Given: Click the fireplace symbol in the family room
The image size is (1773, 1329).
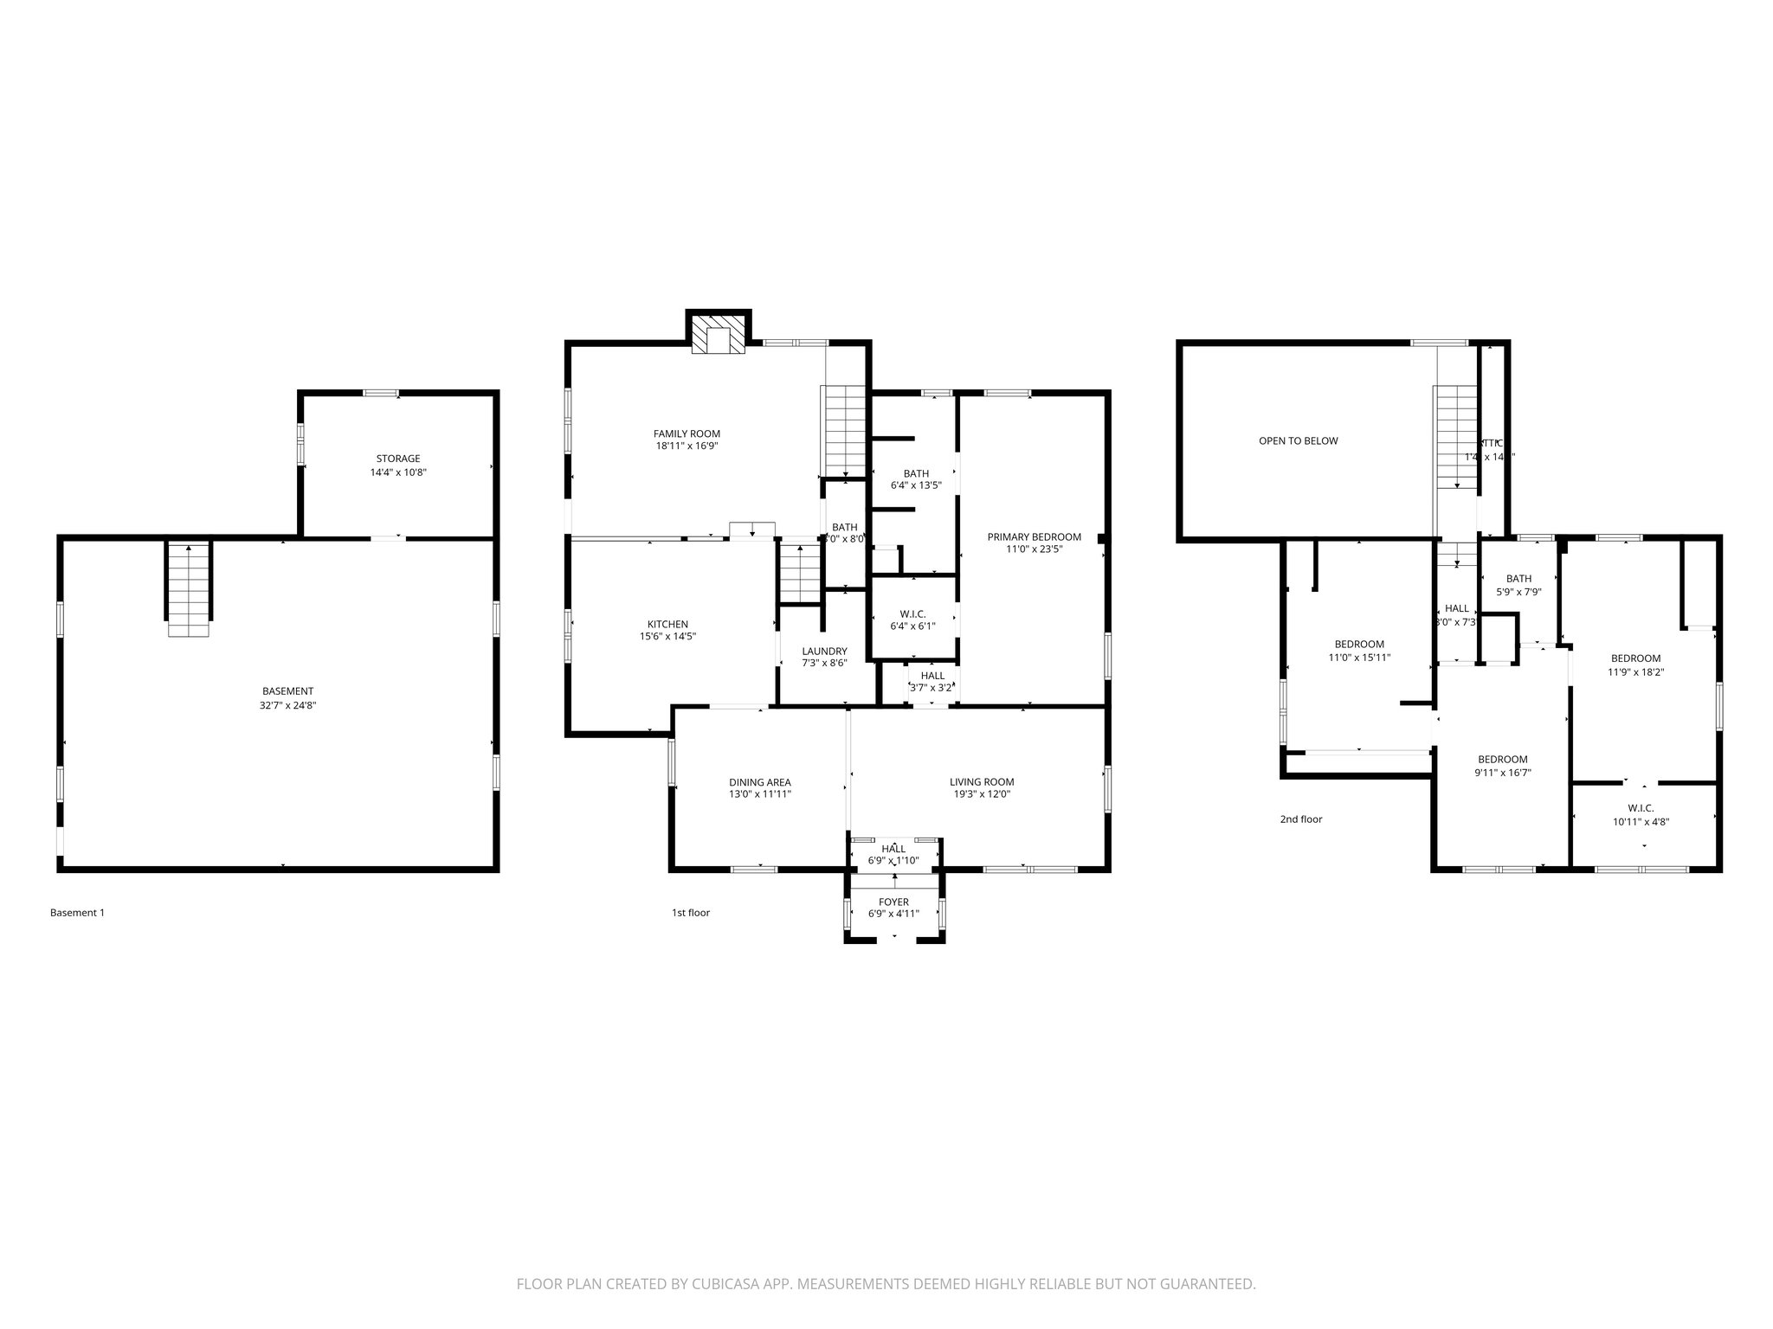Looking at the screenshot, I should pyautogui.click(x=719, y=339).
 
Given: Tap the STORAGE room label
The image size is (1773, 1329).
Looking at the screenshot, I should pyautogui.click(x=398, y=459).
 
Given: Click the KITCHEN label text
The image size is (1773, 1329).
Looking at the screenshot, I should pyautogui.click(x=667, y=624).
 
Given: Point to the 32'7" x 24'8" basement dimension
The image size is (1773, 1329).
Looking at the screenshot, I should pyautogui.click(x=288, y=705).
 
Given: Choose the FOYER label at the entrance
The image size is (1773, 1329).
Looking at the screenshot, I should pyautogui.click(x=893, y=902).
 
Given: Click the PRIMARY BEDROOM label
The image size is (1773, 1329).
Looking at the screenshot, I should pyautogui.click(x=1034, y=537).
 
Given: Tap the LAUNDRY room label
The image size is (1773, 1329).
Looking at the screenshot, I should pyautogui.click(x=824, y=652).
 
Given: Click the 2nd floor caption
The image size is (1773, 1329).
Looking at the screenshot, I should pyautogui.click(x=1300, y=819).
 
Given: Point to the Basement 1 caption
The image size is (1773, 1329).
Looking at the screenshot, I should pyautogui.click(x=77, y=913).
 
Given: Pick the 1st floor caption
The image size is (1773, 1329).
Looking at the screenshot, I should pyautogui.click(x=690, y=913).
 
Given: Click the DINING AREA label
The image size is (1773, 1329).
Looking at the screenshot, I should pyautogui.click(x=759, y=782).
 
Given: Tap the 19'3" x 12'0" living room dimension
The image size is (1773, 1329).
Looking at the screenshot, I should pyautogui.click(x=981, y=794).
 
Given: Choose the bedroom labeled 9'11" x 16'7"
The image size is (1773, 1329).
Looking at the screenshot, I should pyautogui.click(x=1502, y=766).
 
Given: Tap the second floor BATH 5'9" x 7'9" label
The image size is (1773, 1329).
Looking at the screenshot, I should pyautogui.click(x=1518, y=585).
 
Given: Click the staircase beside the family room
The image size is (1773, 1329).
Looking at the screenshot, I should pyautogui.click(x=843, y=430).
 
